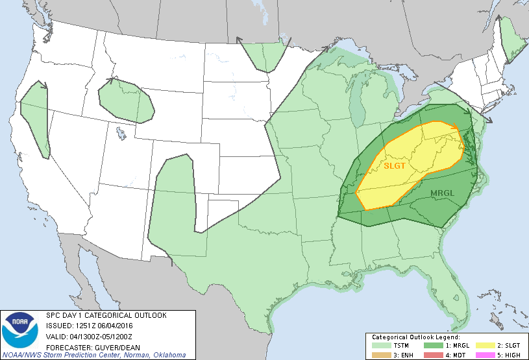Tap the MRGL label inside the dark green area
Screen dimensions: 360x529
point(442,193)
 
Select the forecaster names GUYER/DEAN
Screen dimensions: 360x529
point(111,346)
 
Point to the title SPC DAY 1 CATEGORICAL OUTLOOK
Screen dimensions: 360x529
point(106,315)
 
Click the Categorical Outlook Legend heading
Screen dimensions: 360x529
point(415,338)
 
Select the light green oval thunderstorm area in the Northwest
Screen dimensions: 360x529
point(127,101)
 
